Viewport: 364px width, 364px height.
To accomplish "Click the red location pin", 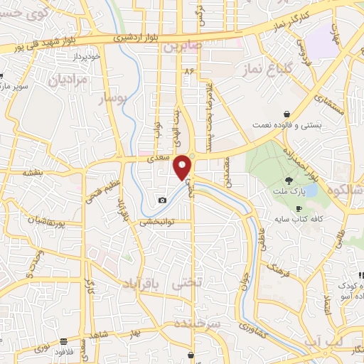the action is coord(183,166).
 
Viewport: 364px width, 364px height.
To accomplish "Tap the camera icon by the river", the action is coord(162,200).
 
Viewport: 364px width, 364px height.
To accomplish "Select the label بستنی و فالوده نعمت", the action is coord(287,125).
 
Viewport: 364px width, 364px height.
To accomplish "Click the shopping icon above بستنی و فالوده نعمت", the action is coord(287,114).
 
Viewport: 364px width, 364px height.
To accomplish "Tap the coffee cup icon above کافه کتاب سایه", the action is coord(287,208).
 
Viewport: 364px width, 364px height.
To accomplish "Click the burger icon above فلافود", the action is coord(64,341).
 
